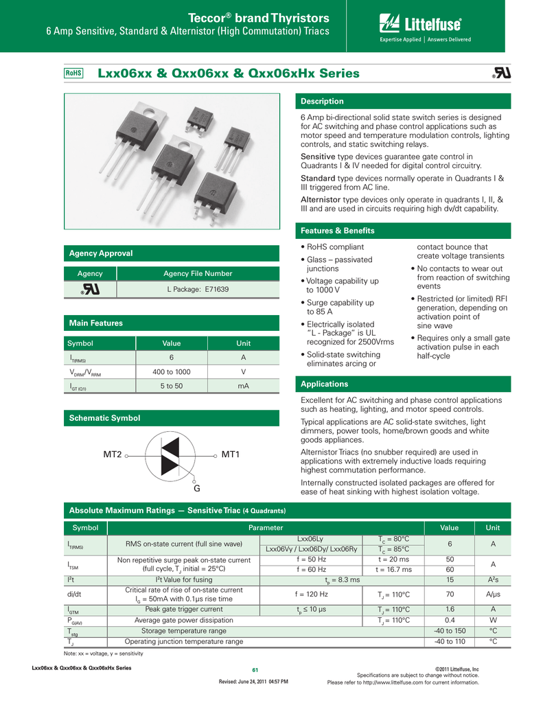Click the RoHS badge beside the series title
pos(73,73)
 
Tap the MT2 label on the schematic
pos(113,455)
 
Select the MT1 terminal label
pos(231,455)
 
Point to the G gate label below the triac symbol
pos(196,489)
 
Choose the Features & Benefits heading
pos(338,231)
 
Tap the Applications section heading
pos(325,384)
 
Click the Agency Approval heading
pos(101,253)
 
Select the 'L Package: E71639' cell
pos(198,290)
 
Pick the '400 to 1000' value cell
pos(171,372)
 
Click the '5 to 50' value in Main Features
pos(171,387)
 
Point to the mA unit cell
pos(243,387)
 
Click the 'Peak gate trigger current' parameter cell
pos(183,609)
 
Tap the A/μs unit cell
pos(493,594)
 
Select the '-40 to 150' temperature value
pos(450,631)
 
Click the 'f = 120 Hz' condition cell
pos(311,594)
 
